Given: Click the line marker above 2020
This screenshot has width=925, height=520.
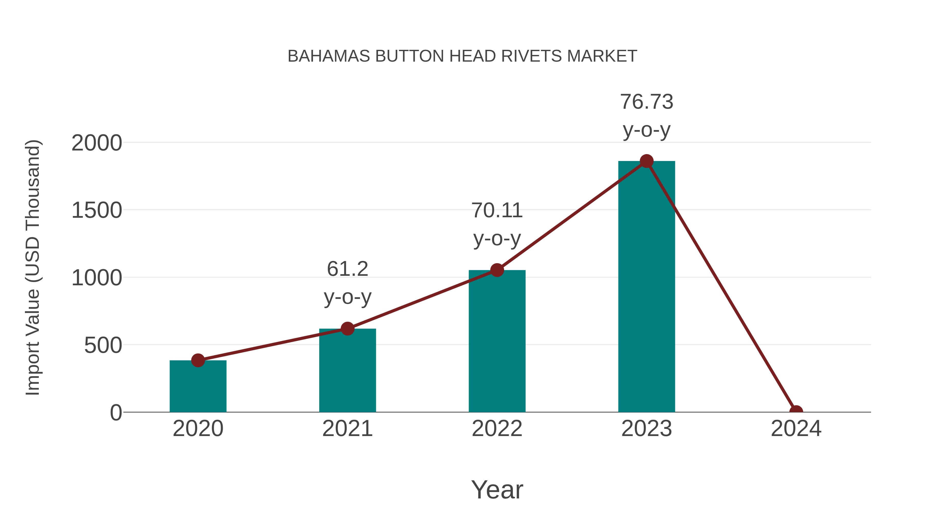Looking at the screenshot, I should (198, 360).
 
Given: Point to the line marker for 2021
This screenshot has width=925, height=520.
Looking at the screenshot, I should (347, 328).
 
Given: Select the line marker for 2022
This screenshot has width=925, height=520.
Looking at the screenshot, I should (497, 270).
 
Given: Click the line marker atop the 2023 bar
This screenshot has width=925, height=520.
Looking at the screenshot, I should (646, 161).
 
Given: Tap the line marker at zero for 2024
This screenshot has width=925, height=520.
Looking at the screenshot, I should (796, 411).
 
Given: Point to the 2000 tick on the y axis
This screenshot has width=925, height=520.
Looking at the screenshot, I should (97, 143).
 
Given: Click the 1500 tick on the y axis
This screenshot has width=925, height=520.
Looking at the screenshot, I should (97, 210).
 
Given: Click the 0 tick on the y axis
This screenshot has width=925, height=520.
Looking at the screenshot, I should (116, 413).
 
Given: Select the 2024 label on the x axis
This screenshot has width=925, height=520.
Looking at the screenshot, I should (796, 429).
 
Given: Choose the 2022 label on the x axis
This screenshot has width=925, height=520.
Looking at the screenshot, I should (497, 429).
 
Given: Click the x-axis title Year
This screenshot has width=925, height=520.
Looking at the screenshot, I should (497, 489).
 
